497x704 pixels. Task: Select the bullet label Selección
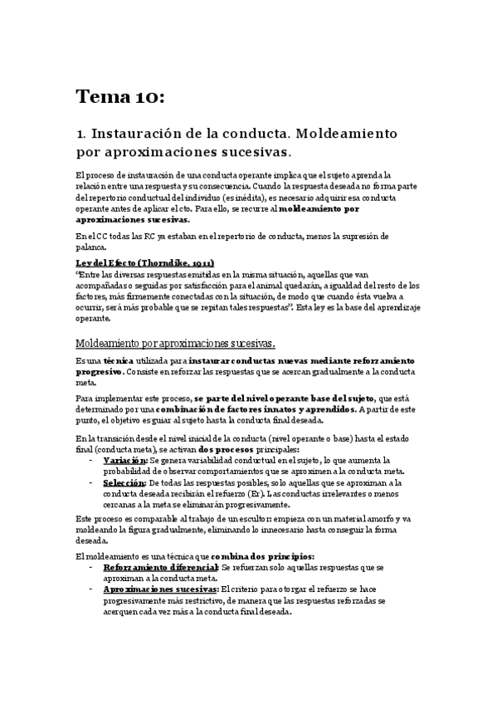(124, 482)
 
